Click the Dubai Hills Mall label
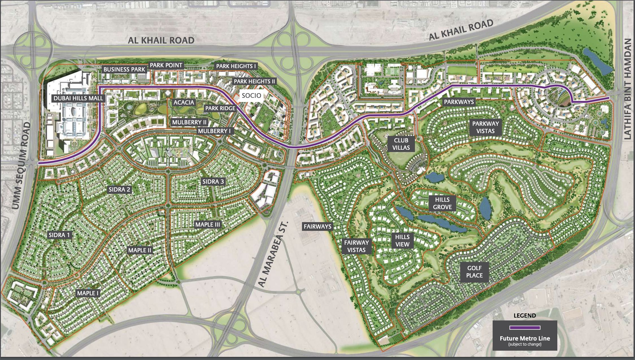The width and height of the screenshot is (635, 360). (78, 98)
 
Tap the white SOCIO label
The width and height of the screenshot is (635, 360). (251, 96)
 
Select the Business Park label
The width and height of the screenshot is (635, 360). (124, 70)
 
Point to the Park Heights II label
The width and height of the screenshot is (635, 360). (254, 81)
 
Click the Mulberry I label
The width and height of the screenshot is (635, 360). (214, 131)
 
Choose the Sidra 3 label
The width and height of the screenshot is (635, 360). (213, 182)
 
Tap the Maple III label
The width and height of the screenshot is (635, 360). (208, 225)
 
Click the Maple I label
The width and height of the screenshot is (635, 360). (88, 293)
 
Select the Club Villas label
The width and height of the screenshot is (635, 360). (401, 144)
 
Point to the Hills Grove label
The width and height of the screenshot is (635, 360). (442, 203)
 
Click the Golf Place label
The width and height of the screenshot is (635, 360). (474, 272)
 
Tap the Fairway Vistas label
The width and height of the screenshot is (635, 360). (356, 246)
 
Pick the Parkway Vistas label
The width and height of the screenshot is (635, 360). (485, 127)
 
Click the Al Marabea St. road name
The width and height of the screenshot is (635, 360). (273, 254)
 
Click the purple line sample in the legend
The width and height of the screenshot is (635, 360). (525, 328)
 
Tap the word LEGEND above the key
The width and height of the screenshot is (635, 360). (525, 316)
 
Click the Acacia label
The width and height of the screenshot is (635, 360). (184, 103)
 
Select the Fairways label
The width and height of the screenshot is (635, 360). (317, 227)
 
